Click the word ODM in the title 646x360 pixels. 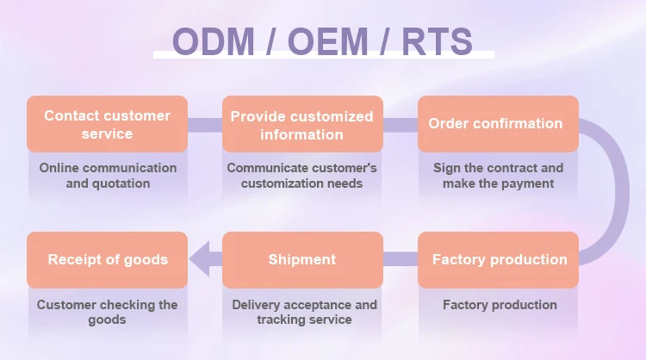coord(213,41)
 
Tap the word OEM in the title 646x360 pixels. coord(327,41)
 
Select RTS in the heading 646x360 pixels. coord(437,41)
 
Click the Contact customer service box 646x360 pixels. coord(107,124)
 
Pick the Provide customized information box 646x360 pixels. coord(302,124)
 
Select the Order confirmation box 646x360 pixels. coord(498,124)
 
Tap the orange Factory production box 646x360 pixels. coord(498,259)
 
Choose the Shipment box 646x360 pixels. coord(302,259)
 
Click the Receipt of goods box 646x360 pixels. coord(107,259)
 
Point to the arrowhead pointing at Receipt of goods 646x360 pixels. coord(200,259)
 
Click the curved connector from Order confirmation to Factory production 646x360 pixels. coord(622,192)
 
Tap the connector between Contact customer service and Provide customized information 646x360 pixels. coord(205,125)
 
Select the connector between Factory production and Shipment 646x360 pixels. coord(401,259)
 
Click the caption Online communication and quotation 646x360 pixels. coord(108,176)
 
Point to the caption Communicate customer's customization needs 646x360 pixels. coord(302,176)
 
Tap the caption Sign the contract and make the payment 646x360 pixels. coord(498,176)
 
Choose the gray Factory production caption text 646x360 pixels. coord(500,305)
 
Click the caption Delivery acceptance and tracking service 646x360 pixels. coord(304,313)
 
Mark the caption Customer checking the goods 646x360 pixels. coord(107,313)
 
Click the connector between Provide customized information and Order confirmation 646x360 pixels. coord(401,125)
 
